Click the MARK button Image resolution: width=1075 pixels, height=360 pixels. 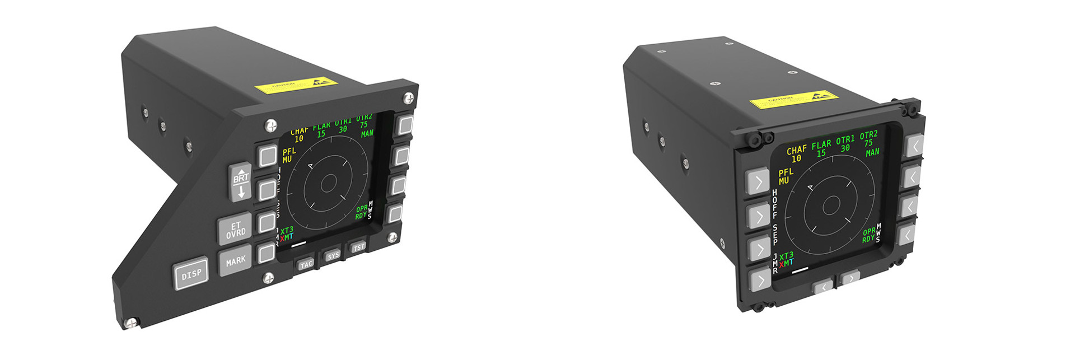point(236,260)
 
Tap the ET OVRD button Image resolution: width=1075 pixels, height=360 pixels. point(236,230)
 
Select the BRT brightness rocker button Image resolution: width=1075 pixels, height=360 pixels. point(241,183)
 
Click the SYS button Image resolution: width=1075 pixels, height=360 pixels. point(333,255)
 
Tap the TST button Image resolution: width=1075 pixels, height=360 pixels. point(358,247)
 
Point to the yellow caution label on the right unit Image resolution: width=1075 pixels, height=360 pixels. point(793,101)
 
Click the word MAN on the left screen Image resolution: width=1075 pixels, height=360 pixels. point(367,134)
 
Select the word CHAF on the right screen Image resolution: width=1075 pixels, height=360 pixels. point(797,150)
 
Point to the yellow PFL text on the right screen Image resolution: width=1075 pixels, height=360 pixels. point(786,172)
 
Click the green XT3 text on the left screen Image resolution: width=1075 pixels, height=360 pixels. point(287,230)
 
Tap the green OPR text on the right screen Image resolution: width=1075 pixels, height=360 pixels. point(869,231)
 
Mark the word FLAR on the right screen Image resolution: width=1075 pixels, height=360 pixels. point(821,144)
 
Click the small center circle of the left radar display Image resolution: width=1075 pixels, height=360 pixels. point(329,183)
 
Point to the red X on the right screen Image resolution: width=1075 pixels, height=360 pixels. point(782,264)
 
